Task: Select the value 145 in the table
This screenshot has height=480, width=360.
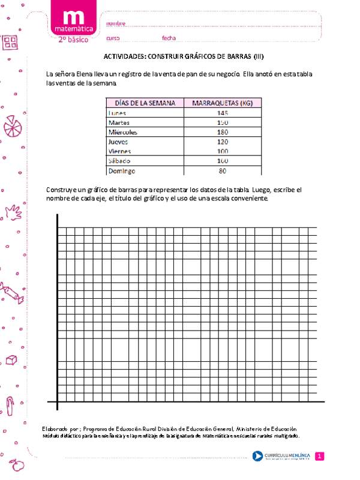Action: click(x=223, y=113)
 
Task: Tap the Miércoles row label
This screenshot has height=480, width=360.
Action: click(x=122, y=132)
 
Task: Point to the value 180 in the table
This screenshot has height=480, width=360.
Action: click(x=223, y=132)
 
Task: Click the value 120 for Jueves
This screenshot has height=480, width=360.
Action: click(x=223, y=142)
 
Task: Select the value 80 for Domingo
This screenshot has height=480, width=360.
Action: click(x=223, y=171)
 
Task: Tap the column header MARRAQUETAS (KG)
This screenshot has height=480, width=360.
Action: click(x=223, y=103)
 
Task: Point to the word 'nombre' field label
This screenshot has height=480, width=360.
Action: click(x=116, y=23)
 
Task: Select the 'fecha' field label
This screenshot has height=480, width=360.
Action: click(x=169, y=38)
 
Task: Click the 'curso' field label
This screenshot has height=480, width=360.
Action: click(x=113, y=38)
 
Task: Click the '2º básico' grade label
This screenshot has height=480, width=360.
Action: click(x=73, y=39)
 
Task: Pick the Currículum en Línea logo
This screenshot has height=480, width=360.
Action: click(x=283, y=457)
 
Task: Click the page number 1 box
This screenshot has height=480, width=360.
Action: click(x=320, y=457)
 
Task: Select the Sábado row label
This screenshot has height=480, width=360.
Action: click(x=119, y=161)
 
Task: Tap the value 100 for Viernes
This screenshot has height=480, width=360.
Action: click(x=223, y=152)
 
